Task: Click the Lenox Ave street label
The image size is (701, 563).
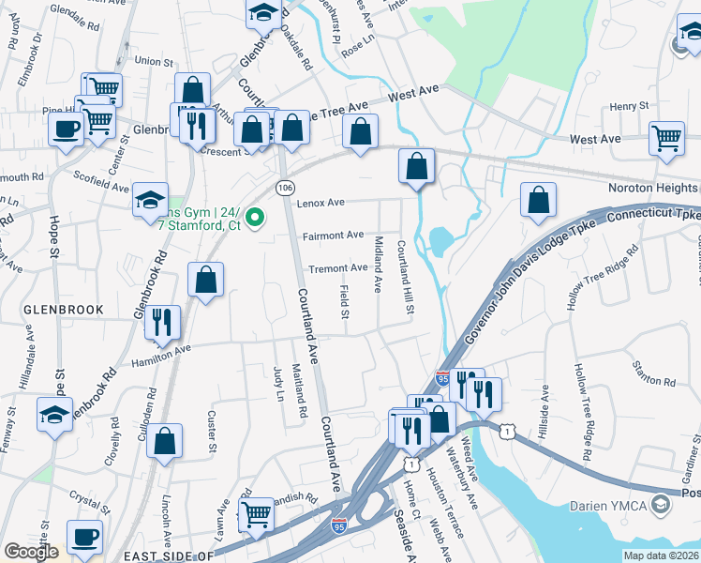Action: click(x=321, y=203)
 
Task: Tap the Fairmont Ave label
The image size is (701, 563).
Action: click(x=333, y=236)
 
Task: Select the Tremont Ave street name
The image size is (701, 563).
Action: click(x=337, y=268)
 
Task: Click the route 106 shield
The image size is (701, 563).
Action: click(x=283, y=188)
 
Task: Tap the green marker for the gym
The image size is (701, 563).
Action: click(x=254, y=221)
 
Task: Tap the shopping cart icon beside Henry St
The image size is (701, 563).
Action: click(x=666, y=137)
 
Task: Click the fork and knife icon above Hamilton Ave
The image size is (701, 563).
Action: click(x=165, y=321)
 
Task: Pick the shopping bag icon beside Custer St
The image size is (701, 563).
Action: click(x=165, y=441)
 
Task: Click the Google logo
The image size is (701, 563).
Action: click(x=32, y=552)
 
